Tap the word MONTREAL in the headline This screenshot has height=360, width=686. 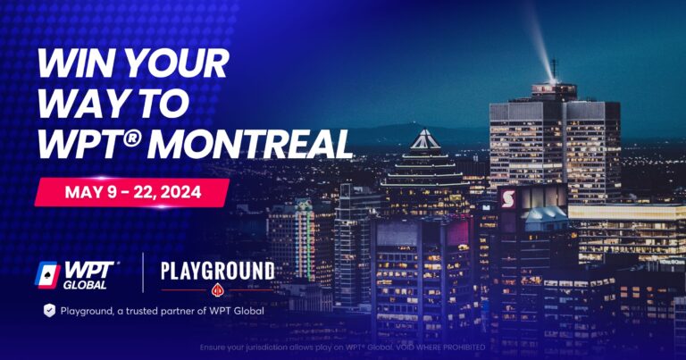273,144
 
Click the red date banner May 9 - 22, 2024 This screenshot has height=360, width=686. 131,192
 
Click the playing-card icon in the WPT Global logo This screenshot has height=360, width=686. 46,273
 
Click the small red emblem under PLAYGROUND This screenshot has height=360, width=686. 216,289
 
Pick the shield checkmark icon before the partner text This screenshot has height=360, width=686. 49,310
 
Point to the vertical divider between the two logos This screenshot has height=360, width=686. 143,273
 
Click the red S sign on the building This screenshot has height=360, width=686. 507,199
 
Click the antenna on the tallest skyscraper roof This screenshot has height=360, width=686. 555,70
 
